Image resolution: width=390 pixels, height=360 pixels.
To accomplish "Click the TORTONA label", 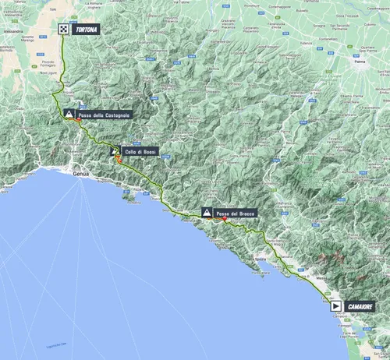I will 85,30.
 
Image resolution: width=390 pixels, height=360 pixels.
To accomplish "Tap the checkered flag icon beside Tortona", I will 62,30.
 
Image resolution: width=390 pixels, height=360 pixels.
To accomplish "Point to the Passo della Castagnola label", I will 105,115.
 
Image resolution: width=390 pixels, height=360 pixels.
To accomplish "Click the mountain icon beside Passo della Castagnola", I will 69,115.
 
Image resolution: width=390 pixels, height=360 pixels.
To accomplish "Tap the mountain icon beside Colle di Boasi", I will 115,152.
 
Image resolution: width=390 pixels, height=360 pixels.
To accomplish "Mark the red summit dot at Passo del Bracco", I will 225,219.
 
